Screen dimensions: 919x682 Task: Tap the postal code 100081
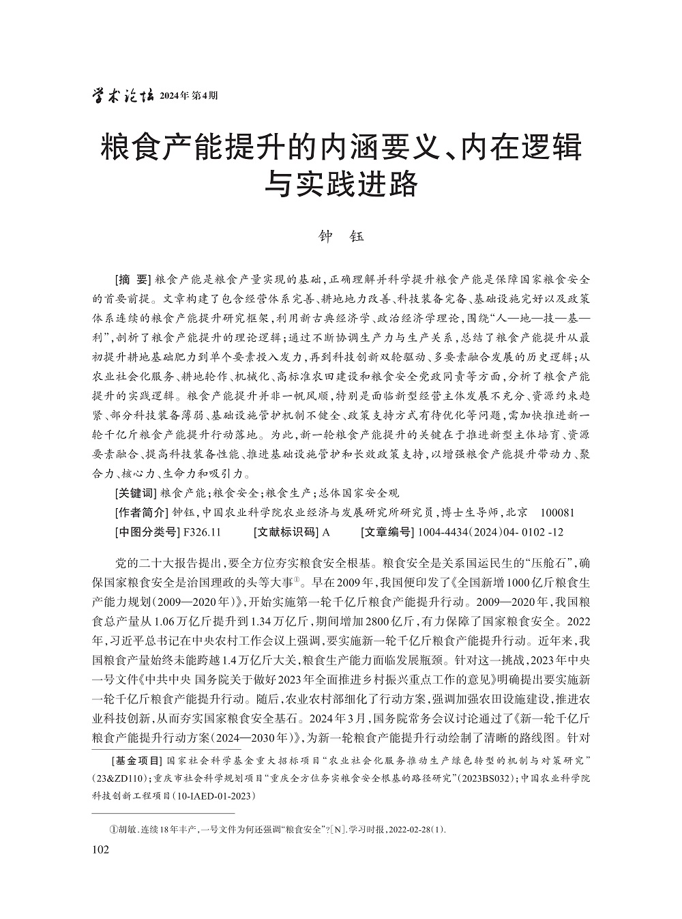pos(557,512)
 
